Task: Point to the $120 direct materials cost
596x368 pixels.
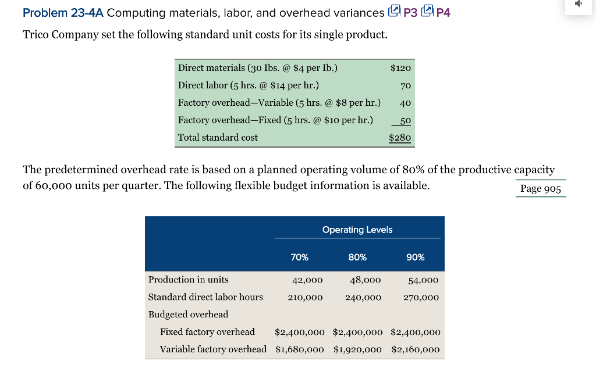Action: coord(400,68)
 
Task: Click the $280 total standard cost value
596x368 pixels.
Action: coord(400,138)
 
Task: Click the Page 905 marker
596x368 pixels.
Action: coord(541,188)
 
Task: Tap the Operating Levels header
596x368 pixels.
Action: coord(357,230)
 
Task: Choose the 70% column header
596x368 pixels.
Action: coord(299,257)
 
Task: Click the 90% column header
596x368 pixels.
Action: coord(416,257)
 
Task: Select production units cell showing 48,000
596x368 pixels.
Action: coord(366,280)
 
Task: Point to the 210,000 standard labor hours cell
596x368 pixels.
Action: coord(305,297)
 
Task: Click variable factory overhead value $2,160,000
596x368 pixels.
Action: coord(416,349)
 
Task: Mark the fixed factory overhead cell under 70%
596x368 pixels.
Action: coord(300,332)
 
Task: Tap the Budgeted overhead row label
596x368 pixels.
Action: coord(188,315)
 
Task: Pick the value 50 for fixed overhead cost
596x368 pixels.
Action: coord(405,120)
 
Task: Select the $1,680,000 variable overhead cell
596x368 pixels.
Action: coord(300,349)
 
